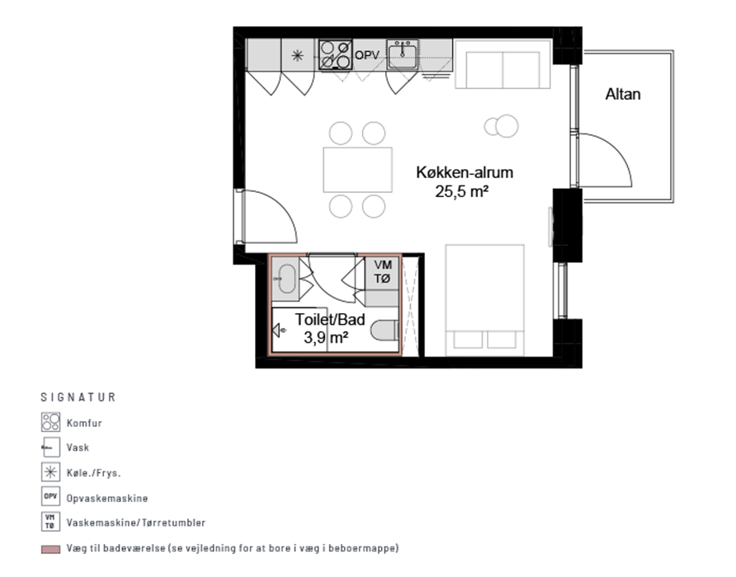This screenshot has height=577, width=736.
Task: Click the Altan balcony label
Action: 622,94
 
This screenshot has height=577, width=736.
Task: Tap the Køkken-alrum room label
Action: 465,172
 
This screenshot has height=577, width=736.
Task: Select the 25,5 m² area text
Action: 462,191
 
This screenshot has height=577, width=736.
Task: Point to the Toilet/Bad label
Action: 330,320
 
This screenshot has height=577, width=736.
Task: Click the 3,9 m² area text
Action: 326,337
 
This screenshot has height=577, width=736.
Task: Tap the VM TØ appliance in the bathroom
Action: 382,272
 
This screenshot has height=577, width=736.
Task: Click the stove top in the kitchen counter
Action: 335,55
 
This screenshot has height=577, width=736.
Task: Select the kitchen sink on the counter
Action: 403,55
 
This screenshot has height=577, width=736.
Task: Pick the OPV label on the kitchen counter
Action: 366,55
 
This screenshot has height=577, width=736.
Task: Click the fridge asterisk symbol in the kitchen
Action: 298,56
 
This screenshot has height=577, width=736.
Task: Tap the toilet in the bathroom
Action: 385,331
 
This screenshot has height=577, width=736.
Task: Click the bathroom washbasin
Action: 285,278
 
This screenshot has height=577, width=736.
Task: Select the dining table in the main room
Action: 357,170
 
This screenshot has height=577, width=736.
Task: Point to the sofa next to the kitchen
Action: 502,64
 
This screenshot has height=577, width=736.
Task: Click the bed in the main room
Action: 484,300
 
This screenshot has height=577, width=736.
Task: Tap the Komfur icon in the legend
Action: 50,422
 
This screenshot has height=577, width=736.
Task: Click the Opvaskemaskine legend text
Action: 107,498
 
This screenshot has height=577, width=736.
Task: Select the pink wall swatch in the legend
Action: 50,549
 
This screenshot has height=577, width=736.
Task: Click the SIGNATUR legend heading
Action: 78,397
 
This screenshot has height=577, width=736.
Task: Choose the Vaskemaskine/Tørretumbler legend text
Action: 136,523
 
